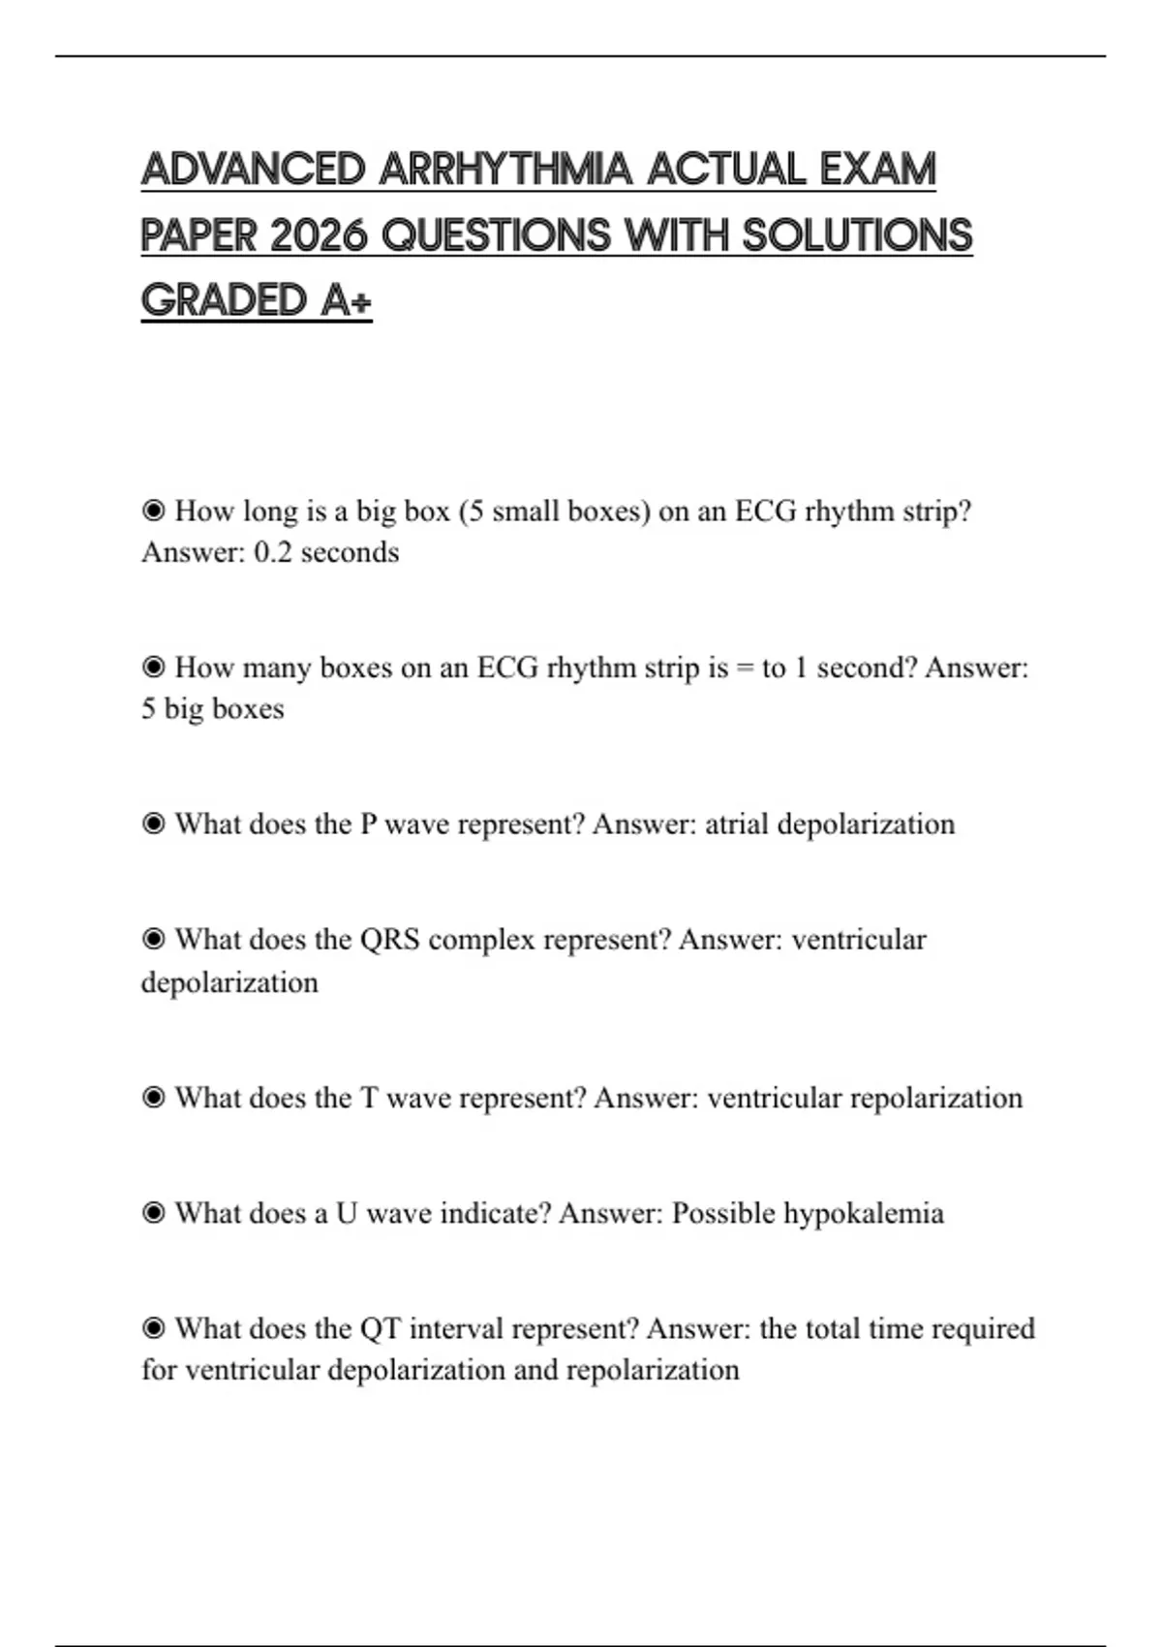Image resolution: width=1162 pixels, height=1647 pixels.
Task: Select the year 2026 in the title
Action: click(320, 235)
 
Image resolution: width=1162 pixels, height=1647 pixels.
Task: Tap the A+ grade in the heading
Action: click(346, 300)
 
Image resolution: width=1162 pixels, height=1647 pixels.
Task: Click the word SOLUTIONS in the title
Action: click(857, 235)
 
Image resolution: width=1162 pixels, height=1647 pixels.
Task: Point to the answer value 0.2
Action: click(272, 552)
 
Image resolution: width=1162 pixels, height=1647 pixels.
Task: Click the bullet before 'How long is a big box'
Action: click(153, 511)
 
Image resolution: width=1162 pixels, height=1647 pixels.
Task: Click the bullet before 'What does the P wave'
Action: click(153, 823)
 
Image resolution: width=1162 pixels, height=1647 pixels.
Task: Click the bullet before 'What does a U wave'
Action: click(153, 1213)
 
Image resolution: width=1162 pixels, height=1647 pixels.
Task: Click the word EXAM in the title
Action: click(878, 170)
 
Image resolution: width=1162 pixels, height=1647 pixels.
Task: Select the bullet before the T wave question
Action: click(153, 1098)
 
